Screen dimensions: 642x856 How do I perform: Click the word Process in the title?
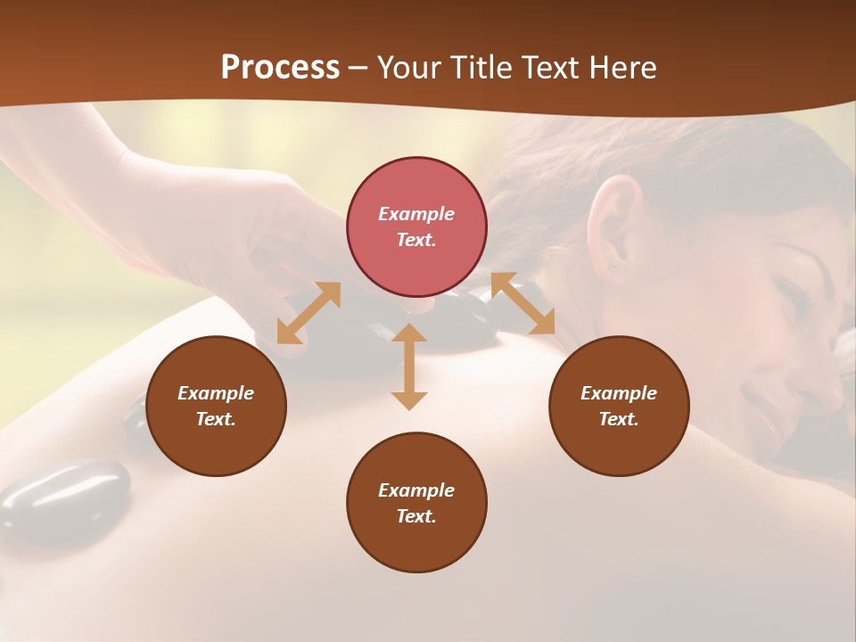pos(280,68)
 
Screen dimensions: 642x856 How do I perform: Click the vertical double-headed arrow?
pos(409,366)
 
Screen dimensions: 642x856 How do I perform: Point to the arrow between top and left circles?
pos(309,313)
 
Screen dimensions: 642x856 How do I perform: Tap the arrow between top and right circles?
pos(523,303)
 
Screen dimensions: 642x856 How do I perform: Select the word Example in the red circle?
pos(416,214)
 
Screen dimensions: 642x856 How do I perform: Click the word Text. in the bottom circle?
pos(416,516)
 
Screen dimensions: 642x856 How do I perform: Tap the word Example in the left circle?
pos(216,393)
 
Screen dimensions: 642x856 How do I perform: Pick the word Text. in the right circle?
pos(619,419)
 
